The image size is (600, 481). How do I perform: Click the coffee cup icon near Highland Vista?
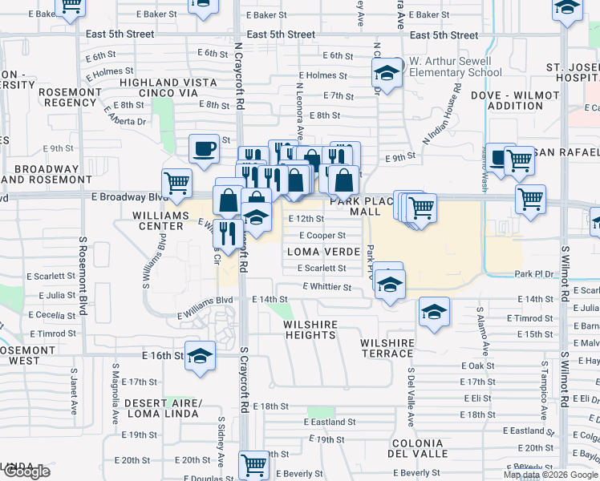[204, 148]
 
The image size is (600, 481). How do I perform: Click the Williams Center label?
[147, 220]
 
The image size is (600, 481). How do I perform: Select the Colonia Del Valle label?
[416, 448]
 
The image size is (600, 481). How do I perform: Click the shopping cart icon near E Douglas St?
[253, 464]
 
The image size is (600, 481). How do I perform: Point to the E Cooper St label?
[322, 236]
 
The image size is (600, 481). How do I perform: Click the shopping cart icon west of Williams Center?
[176, 184]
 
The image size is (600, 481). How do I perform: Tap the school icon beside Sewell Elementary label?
[387, 75]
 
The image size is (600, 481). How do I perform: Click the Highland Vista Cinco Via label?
[159, 87]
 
